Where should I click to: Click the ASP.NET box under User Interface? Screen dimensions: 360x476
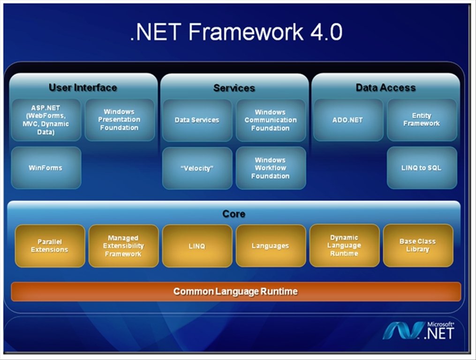click(x=46, y=120)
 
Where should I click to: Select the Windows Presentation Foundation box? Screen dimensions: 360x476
click(x=120, y=120)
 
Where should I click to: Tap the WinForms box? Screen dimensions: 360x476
click(x=46, y=168)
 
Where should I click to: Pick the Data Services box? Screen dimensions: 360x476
click(x=197, y=120)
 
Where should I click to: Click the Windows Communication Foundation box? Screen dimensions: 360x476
click(x=270, y=120)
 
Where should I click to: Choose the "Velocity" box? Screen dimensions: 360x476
click(x=197, y=168)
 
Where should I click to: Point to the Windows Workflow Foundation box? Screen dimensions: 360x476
click(x=270, y=168)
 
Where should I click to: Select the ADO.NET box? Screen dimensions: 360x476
click(x=348, y=120)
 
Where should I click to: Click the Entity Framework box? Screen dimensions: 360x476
click(x=422, y=120)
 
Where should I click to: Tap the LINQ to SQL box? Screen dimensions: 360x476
click(x=422, y=168)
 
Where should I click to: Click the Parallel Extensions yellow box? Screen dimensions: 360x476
click(x=50, y=246)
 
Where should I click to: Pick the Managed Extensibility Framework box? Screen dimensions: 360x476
click(x=123, y=246)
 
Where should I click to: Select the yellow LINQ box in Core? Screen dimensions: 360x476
click(x=197, y=246)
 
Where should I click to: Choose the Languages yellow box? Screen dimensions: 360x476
click(x=270, y=246)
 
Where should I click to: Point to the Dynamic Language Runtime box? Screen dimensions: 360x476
click(x=344, y=245)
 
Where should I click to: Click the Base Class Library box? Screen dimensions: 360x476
click(x=418, y=245)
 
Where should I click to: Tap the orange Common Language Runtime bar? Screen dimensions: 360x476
click(x=235, y=291)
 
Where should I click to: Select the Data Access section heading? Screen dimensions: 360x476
click(x=385, y=88)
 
